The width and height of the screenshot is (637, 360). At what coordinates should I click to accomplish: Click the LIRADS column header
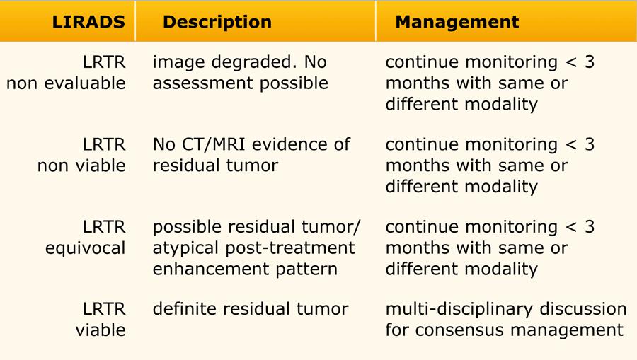point(88,22)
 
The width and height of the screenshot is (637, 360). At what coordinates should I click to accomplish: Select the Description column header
point(217,22)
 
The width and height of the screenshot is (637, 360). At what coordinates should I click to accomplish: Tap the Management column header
point(457,22)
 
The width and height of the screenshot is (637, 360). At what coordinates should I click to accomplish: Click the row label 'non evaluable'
point(67,83)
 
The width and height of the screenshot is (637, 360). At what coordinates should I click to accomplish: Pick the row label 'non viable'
point(81,166)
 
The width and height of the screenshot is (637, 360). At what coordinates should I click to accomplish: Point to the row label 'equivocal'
point(86,248)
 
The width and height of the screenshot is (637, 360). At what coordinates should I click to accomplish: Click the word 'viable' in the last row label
point(101,330)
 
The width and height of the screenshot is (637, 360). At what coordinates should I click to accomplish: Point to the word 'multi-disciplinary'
point(459,309)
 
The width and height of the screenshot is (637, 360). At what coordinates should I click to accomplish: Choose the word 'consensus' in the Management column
point(459,330)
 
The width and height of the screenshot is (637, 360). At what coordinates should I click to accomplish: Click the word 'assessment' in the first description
point(203,83)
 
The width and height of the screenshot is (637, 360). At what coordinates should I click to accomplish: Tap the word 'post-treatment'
point(290,248)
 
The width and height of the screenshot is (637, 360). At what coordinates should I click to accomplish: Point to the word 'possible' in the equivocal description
point(188,227)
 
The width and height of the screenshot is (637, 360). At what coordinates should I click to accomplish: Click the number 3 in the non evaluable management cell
point(590,62)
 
